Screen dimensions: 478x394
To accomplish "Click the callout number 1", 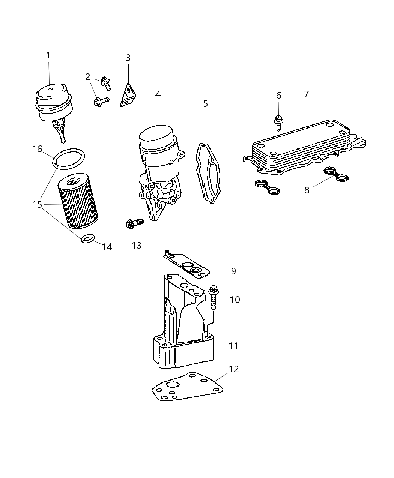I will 48,55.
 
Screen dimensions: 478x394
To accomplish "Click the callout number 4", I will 158,94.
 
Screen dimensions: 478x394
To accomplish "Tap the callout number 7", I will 306,94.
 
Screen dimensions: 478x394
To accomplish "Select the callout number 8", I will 307,190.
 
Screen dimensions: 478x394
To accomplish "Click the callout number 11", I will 233,345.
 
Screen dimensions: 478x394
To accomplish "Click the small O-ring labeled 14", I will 88,238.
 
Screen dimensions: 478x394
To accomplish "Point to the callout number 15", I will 37,205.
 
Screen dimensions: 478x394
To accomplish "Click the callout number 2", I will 88,77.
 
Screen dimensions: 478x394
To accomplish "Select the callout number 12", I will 233,369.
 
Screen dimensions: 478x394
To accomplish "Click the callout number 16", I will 37,149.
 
